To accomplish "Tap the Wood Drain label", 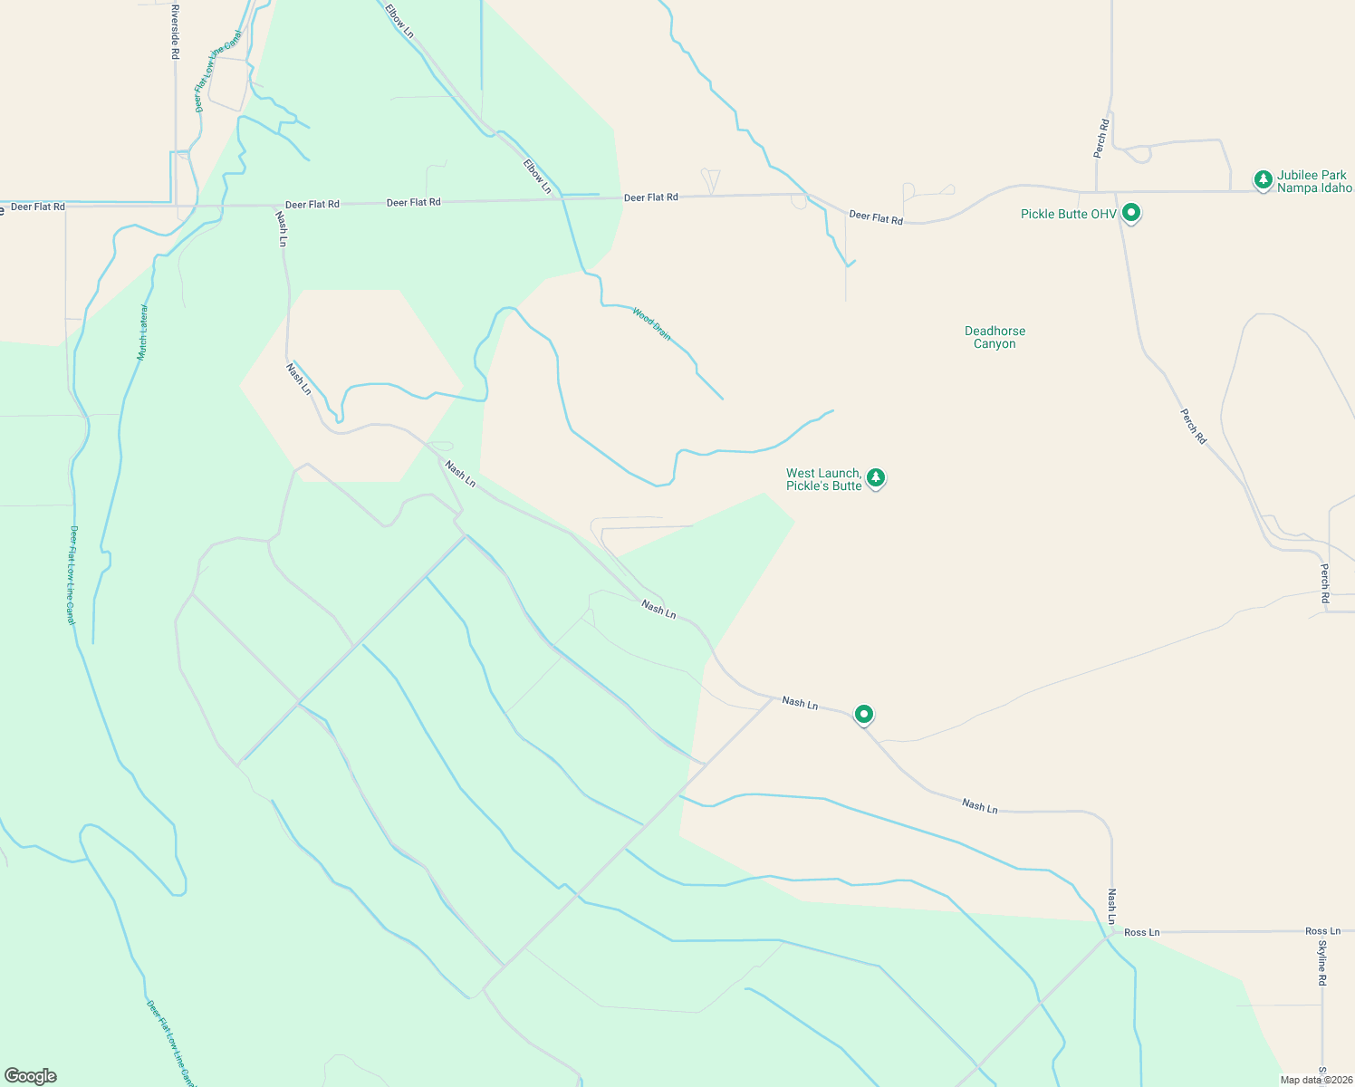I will [x=652, y=323].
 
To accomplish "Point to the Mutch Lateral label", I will [x=143, y=332].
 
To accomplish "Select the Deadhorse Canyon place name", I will [x=995, y=337].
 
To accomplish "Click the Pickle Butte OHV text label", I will [x=1068, y=215].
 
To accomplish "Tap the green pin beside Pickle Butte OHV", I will [x=1130, y=213].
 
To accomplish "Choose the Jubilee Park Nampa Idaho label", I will [x=1312, y=181].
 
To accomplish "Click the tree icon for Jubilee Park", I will [x=1264, y=179].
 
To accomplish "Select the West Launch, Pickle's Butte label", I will [x=823, y=479].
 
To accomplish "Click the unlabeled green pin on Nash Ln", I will [x=864, y=714].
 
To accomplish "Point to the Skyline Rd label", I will [x=1322, y=963].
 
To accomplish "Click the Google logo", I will [x=31, y=1075].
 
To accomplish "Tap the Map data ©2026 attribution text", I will [x=1315, y=1080].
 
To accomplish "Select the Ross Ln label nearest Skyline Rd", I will [x=1322, y=931].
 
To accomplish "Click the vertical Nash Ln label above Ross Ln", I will [x=1112, y=906].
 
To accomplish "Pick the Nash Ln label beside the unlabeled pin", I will [x=800, y=703].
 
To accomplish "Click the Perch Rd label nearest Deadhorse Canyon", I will [x=1194, y=426].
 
